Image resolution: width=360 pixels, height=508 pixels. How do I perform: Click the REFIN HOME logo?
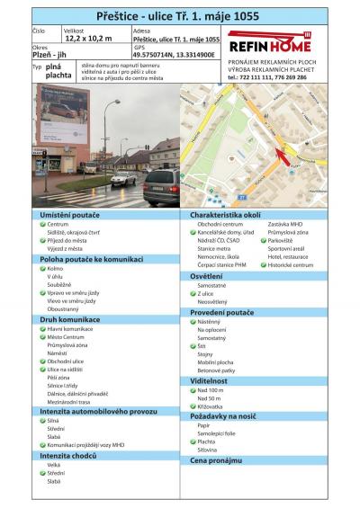tap(269, 44)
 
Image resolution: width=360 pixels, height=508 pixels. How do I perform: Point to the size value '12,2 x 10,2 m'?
tap(87, 39)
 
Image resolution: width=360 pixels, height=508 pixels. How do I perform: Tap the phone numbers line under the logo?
tap(267, 77)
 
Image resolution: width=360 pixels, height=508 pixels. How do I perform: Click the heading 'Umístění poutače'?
tap(67, 216)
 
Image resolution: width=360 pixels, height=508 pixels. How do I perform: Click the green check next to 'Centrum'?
tap(41, 225)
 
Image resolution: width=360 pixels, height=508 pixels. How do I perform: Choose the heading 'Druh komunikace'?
tap(64, 319)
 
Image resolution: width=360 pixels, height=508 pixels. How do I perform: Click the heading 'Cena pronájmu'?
tap(216, 459)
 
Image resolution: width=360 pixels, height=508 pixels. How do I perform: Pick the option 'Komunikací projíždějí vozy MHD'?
tap(85, 444)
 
